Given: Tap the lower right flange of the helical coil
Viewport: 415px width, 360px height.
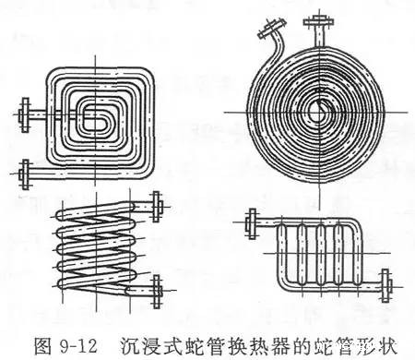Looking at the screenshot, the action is (159, 294).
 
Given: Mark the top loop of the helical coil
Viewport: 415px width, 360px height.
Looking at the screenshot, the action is (97, 214).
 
